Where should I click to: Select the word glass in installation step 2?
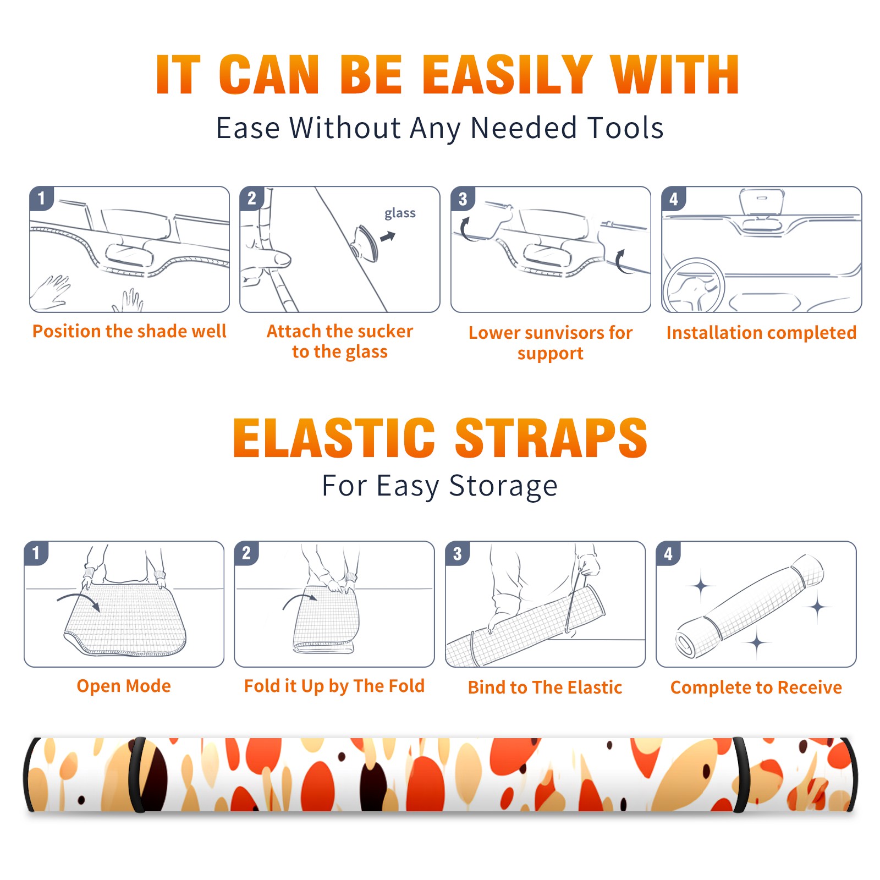coord(400,213)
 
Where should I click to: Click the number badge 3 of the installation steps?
coord(463,199)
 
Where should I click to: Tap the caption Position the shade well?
coord(129,331)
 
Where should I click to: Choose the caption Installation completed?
coord(761,333)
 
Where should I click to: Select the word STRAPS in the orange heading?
coord(551,438)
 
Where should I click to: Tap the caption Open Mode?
coord(124,686)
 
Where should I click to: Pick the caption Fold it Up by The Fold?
coord(334,686)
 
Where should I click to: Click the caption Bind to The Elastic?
coord(545,687)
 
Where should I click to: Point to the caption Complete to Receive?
coord(756,687)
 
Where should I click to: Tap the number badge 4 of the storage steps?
coord(668,554)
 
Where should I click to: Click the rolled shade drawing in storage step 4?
coord(750,606)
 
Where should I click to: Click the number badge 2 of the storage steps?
coord(246,553)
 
